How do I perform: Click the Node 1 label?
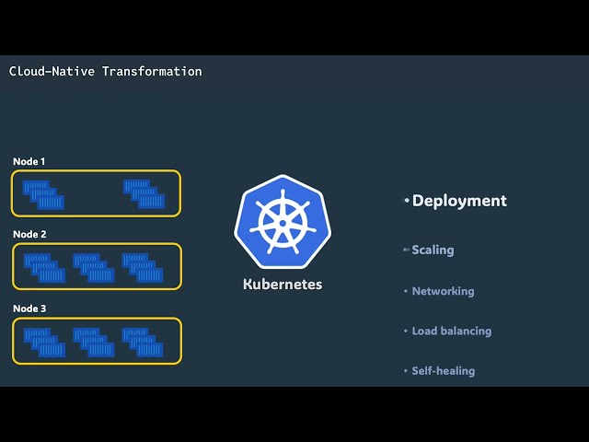click(x=29, y=162)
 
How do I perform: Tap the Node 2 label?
click(x=29, y=235)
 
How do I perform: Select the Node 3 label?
click(x=29, y=308)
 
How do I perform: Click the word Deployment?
click(x=459, y=201)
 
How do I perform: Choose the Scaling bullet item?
click(x=433, y=250)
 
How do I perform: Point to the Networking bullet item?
click(x=443, y=291)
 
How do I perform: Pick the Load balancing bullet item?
click(x=452, y=331)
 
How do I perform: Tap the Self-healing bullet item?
click(x=444, y=371)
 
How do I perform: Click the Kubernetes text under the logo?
click(x=283, y=285)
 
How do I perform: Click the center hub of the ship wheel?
click(x=283, y=223)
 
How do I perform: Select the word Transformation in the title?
click(x=152, y=72)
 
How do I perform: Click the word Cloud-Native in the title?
click(x=52, y=72)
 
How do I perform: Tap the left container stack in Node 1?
click(x=43, y=194)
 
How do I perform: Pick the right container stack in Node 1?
click(x=144, y=194)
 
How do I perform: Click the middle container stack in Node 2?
click(x=94, y=268)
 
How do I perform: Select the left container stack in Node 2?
click(x=44, y=268)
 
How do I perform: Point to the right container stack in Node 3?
click(x=143, y=343)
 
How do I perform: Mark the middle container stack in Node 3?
click(x=94, y=343)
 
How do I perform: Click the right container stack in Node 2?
click(x=143, y=268)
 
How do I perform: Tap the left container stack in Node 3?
click(x=44, y=343)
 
